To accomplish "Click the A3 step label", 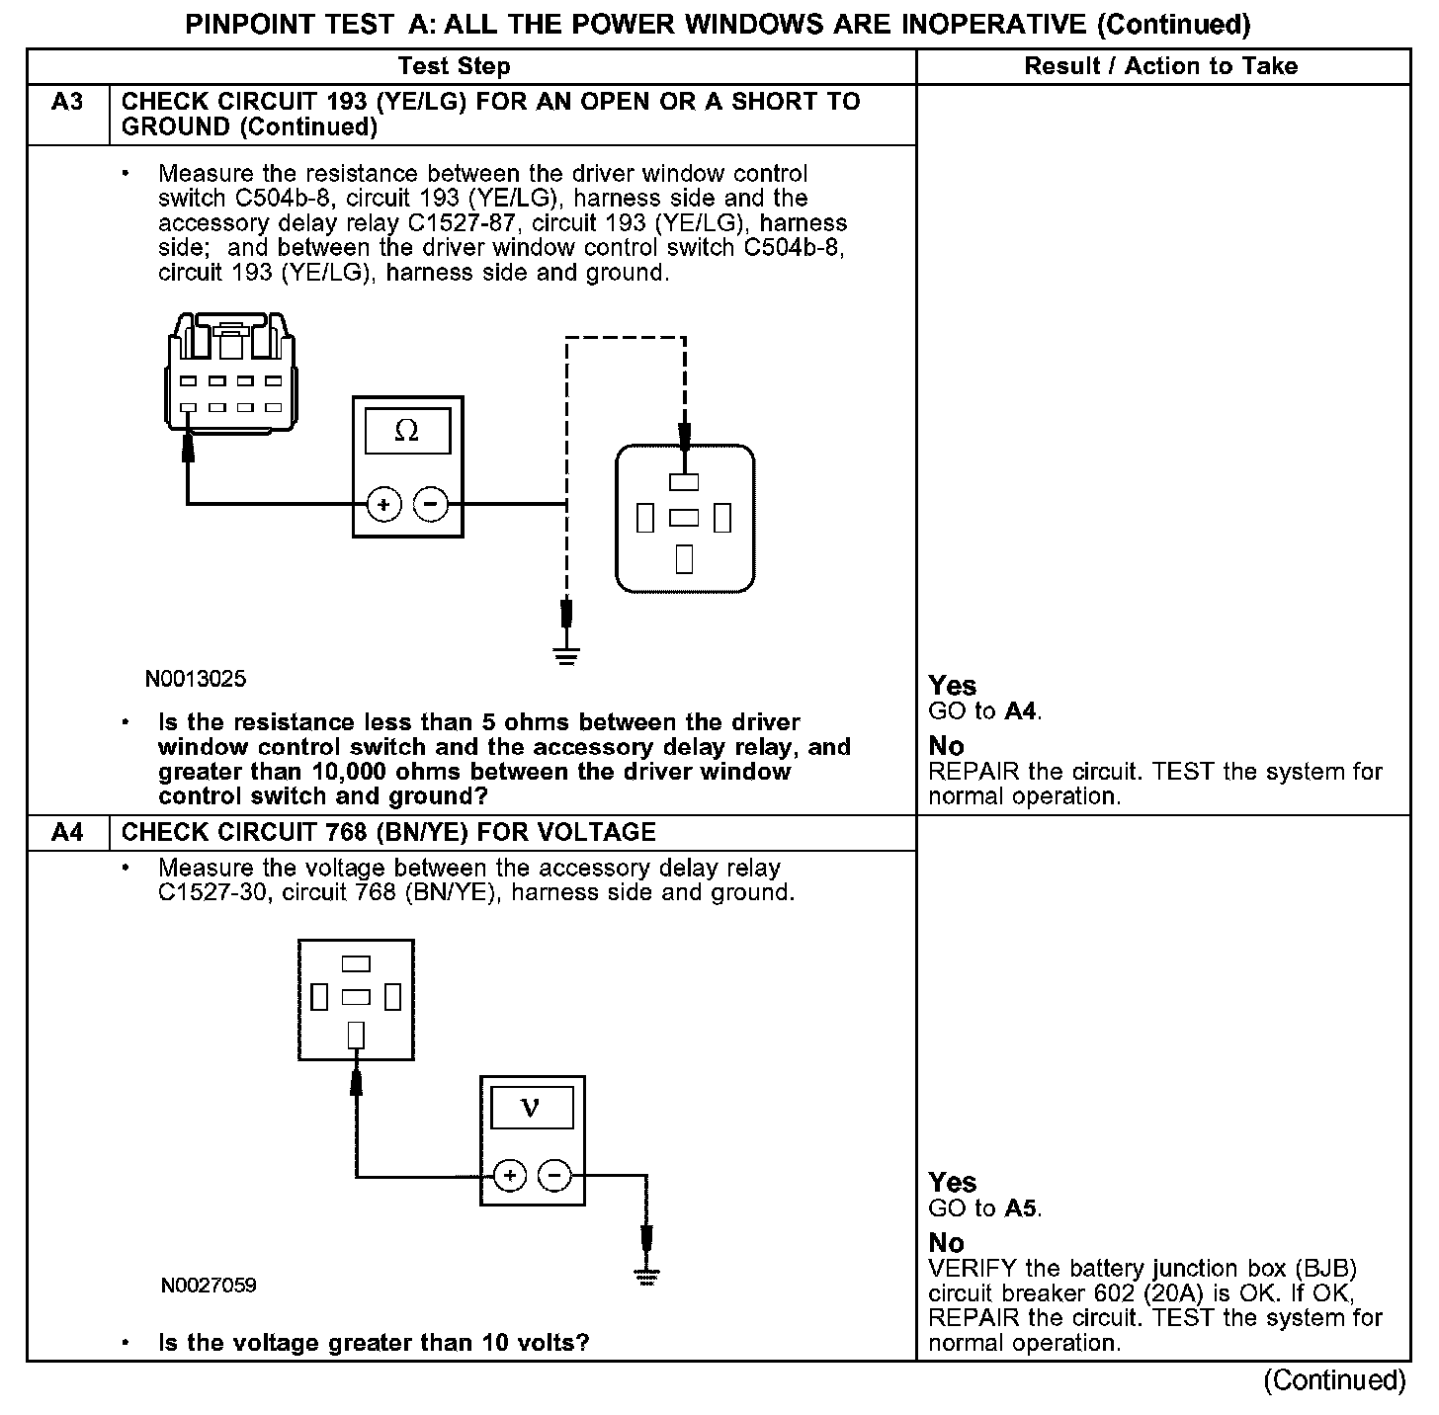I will point(67,102).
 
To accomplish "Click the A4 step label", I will point(67,832).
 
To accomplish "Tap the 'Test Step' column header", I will point(454,66).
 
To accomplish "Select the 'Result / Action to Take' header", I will point(1161,66).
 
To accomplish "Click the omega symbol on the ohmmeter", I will point(406,431).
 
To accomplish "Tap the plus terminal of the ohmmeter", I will point(383,505).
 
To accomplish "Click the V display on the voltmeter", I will point(530,1108).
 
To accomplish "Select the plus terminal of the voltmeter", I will point(509,1176).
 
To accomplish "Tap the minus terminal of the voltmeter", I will point(554,1176).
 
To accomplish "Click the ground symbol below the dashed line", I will point(566,654).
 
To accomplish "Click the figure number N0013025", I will point(196,680).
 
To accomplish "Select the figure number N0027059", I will point(209,1286).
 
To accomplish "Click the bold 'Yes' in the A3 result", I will point(952,686).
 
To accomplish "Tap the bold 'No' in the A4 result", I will point(946,1242).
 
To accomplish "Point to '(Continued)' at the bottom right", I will point(1334,1380).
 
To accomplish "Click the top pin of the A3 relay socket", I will point(684,482).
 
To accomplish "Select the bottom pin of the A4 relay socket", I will point(356,1034).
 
